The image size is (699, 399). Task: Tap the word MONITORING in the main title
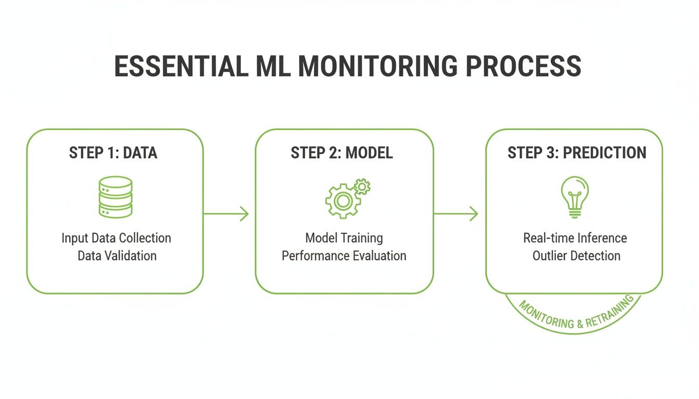(378, 66)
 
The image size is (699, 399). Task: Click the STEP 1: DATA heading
(113, 153)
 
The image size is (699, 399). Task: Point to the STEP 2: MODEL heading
(342, 153)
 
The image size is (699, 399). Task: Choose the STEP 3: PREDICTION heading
(577, 153)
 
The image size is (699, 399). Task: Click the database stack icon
(115, 197)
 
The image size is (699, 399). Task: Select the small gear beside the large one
(361, 185)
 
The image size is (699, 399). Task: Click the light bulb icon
(575, 197)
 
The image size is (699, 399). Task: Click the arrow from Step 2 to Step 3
(456, 214)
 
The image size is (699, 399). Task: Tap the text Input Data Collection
(116, 238)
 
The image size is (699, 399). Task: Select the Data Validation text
(116, 256)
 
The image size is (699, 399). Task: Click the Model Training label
(344, 238)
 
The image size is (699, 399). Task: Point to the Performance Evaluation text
(344, 256)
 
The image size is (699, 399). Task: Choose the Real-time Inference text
(575, 238)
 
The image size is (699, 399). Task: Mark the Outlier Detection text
(576, 256)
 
